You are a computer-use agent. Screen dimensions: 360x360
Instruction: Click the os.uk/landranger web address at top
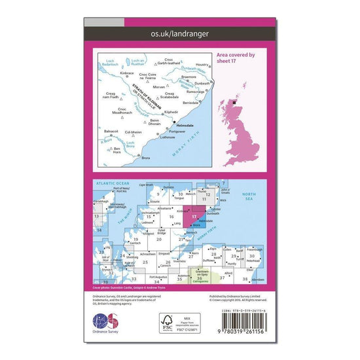click(x=180, y=32)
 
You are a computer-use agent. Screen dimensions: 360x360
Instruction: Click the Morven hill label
click(x=158, y=87)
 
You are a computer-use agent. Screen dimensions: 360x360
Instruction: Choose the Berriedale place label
click(x=190, y=103)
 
